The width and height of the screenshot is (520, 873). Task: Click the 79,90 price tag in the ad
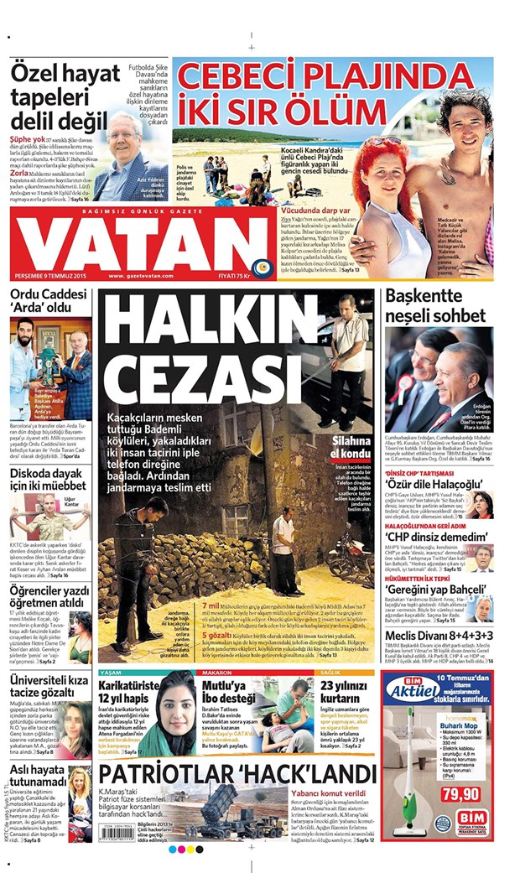[463, 792]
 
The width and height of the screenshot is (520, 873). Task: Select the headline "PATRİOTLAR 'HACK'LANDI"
[236, 772]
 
